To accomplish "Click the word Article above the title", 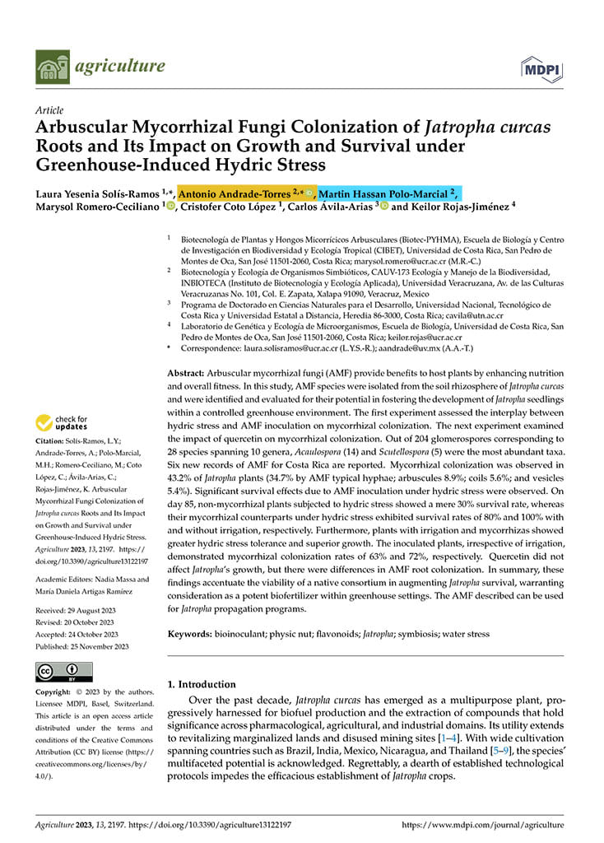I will coord(49,109).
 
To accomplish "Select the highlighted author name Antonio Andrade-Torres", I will coord(236,193).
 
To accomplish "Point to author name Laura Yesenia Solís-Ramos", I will coord(100,193).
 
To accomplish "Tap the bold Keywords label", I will coord(193,634).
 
